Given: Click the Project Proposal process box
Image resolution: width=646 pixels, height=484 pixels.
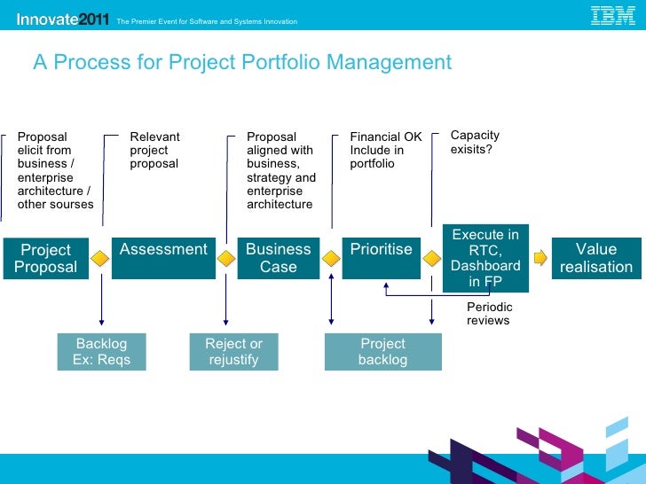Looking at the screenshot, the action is pyautogui.click(x=45, y=258).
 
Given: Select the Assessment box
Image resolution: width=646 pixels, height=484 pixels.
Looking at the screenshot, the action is pyautogui.click(x=163, y=257).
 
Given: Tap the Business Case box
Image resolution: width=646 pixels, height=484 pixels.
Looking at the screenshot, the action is pyautogui.click(x=278, y=258).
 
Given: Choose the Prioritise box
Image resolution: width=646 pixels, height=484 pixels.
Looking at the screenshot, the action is pyautogui.click(x=381, y=257).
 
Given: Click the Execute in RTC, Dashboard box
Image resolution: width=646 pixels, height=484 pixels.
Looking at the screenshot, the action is pyautogui.click(x=485, y=258).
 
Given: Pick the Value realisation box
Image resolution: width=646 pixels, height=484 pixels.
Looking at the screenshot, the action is pyautogui.click(x=595, y=258).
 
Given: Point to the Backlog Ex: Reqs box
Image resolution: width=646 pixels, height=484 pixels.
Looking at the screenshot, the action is pyautogui.click(x=101, y=351).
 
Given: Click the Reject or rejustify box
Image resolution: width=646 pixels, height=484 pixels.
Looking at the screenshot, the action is pyautogui.click(x=233, y=351).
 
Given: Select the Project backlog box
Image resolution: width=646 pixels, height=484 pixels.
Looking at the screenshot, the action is pyautogui.click(x=382, y=351).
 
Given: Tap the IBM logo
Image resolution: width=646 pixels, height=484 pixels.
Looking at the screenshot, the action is pyautogui.click(x=613, y=16).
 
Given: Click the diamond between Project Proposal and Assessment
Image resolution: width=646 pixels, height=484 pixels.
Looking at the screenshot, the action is pyautogui.click(x=101, y=258).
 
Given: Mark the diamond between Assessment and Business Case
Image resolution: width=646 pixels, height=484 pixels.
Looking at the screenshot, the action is pyautogui.click(x=226, y=258).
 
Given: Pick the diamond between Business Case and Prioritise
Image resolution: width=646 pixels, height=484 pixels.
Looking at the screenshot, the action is pyautogui.click(x=331, y=258).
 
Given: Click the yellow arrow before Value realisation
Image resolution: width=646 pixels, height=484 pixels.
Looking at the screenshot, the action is pyautogui.click(x=540, y=258).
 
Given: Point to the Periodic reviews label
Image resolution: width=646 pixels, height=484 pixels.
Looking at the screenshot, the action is pyautogui.click(x=489, y=313).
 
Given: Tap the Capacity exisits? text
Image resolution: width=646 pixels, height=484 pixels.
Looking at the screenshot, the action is pyautogui.click(x=475, y=142).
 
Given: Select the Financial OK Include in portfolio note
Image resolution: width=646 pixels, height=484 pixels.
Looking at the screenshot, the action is pyautogui.click(x=385, y=150).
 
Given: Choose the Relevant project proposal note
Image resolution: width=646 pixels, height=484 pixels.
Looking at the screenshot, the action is pyautogui.click(x=154, y=150).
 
